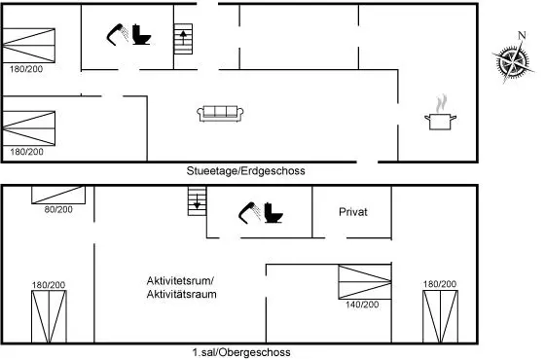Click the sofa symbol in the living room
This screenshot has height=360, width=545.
(220, 114)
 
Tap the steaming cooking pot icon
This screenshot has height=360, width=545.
(440, 114)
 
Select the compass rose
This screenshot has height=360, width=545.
(513, 62)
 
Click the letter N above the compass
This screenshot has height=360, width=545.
(522, 35)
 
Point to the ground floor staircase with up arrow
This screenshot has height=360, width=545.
(183, 39)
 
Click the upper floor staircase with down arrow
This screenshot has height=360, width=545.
(197, 201)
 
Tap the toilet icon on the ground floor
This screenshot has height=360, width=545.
(141, 34)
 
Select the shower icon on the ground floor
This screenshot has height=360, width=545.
(118, 34)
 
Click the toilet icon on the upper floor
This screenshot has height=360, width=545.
(273, 212)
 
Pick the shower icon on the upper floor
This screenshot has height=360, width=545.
(249, 212)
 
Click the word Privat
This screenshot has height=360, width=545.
(352, 212)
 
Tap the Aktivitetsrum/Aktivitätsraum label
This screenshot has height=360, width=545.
(181, 287)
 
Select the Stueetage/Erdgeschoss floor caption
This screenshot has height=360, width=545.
(245, 171)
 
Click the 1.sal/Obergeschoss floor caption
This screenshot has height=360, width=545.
(241, 352)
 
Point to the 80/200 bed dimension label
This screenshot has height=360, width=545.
(58, 209)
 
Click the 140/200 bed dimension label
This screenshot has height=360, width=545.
(362, 305)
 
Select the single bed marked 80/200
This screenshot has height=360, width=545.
(58, 195)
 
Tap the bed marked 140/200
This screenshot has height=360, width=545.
(365, 282)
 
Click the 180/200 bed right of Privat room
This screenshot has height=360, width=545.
(440, 316)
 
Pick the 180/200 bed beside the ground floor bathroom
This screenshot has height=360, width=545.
(29, 46)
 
